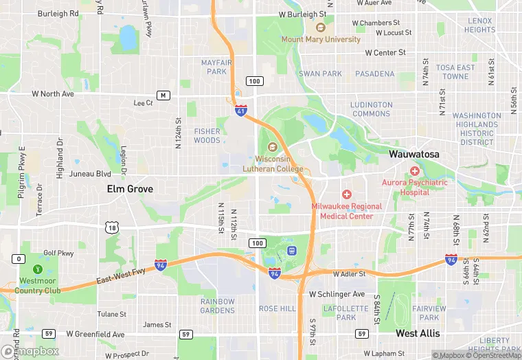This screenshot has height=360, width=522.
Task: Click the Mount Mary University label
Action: (321, 39)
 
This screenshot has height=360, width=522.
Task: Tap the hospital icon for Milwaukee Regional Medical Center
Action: (347, 195)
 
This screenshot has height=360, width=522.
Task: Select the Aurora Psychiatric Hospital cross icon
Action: (414, 170)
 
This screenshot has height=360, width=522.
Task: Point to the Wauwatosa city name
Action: (413, 155)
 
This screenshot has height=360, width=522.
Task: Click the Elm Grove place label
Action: (130, 188)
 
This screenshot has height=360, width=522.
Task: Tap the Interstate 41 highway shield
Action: (240, 110)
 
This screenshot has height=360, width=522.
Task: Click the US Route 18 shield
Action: (113, 227)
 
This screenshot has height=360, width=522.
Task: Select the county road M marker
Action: (163, 95)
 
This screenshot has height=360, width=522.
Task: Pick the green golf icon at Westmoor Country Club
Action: (37, 268)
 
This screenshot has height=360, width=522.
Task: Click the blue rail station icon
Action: (292, 250)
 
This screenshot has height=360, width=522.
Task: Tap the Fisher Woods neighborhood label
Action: (207, 135)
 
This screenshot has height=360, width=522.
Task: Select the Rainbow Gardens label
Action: (218, 305)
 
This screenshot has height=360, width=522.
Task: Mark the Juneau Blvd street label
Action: (90, 174)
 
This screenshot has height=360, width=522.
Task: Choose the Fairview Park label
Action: (429, 313)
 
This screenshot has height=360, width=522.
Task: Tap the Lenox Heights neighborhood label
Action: (479, 25)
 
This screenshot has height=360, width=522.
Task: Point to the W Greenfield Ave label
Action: (95, 335)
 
